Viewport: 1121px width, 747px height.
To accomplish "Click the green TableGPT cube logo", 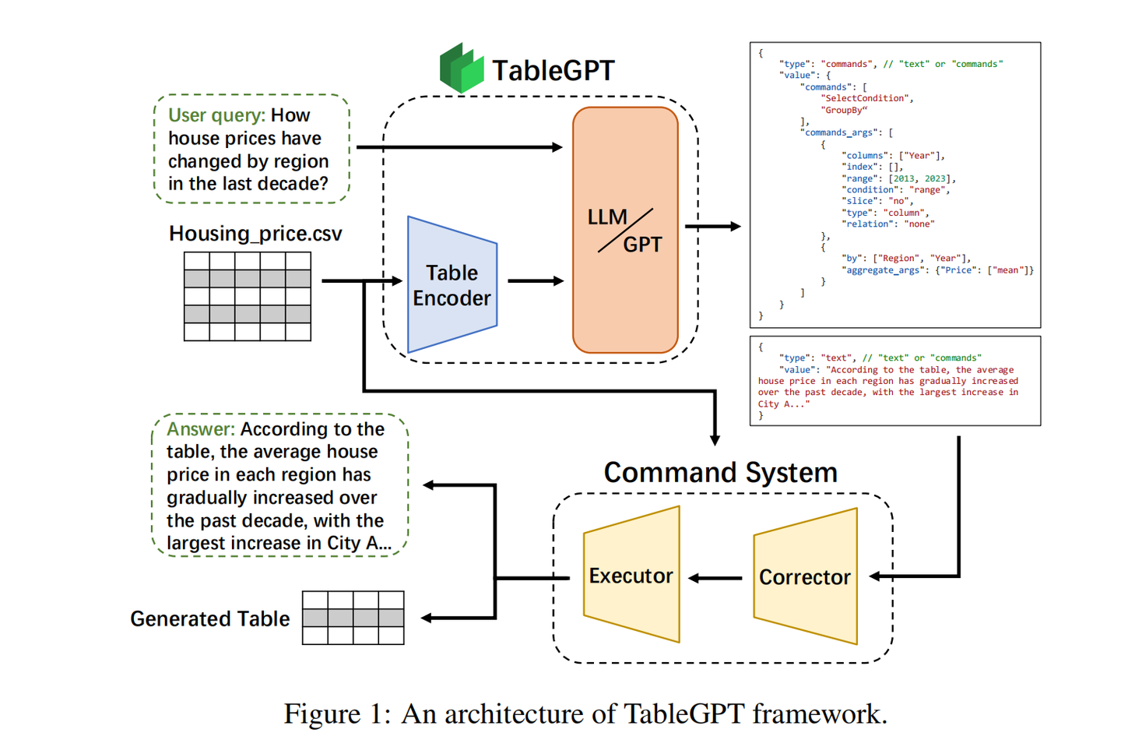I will (x=462, y=69).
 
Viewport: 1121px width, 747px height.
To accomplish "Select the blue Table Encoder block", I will (x=452, y=285).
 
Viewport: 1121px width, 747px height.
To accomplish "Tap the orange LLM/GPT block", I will (x=625, y=231).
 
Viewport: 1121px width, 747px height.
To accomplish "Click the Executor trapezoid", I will (x=631, y=576).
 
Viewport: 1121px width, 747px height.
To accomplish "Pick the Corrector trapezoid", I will (x=805, y=577).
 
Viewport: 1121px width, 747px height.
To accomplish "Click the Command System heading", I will (x=720, y=473).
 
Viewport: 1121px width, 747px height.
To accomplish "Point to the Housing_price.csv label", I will (x=255, y=234).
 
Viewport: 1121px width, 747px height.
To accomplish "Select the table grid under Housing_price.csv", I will (x=248, y=296).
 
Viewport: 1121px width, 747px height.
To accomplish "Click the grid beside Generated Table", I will (x=353, y=618).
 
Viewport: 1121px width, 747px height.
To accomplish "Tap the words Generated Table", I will (x=209, y=618).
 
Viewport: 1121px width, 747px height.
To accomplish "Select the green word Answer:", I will (x=200, y=429).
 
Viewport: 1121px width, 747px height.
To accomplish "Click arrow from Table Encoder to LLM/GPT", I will (x=536, y=280).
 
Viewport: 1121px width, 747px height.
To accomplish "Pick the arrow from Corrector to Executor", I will (x=715, y=578).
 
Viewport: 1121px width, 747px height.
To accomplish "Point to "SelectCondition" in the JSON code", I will (x=866, y=98).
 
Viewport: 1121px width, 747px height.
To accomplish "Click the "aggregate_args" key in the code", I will (x=885, y=270).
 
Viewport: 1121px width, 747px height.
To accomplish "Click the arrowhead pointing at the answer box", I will (x=429, y=485).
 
